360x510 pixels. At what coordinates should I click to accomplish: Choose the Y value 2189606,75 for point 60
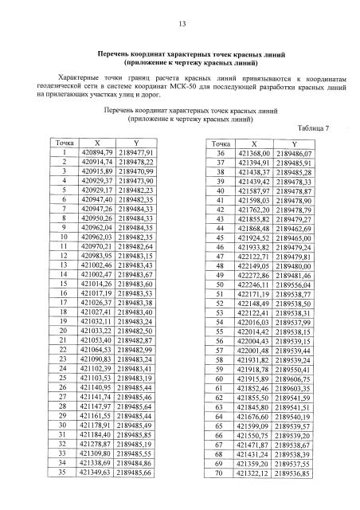291,382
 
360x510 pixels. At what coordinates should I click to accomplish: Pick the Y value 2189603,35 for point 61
291,394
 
